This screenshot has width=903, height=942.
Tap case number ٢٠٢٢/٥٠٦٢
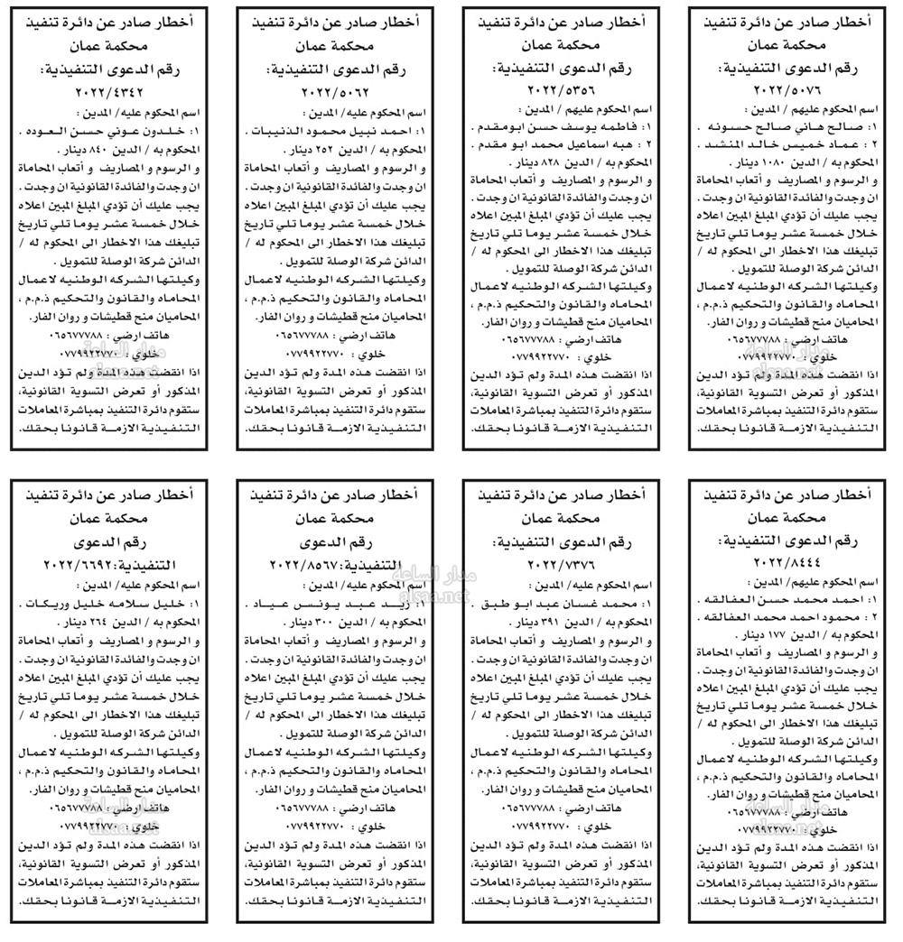click(317, 91)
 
